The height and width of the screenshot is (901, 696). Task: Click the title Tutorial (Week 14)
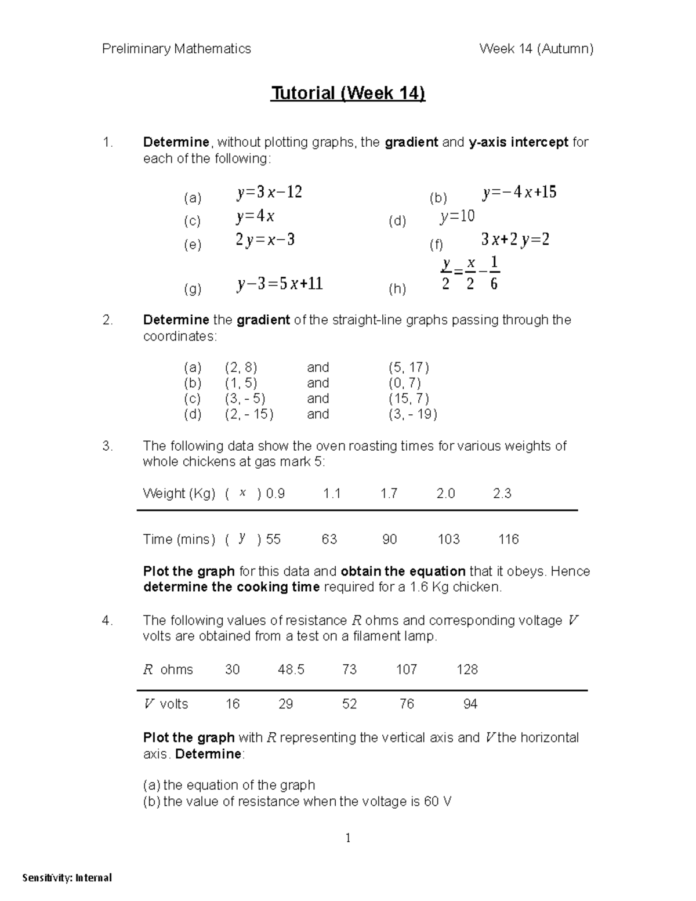(x=347, y=93)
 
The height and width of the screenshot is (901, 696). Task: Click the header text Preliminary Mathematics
(x=176, y=49)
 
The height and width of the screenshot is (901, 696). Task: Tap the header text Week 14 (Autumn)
(x=536, y=49)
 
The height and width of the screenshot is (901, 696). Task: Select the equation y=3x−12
(x=269, y=192)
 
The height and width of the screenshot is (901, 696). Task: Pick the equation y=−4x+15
(x=519, y=192)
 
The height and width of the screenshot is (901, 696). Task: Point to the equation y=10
(x=457, y=217)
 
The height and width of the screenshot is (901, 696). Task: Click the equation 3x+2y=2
(x=515, y=240)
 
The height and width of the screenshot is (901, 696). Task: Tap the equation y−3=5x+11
(x=280, y=284)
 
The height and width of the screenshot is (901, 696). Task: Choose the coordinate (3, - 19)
(x=412, y=414)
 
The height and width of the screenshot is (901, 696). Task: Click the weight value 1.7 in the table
(x=389, y=494)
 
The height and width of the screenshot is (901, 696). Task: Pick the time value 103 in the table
(x=448, y=540)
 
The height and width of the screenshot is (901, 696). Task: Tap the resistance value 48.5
(x=291, y=670)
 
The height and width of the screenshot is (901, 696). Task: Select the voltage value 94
(x=470, y=704)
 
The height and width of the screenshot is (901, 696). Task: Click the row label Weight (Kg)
(x=179, y=494)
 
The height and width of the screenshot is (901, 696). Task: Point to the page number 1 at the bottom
(x=348, y=838)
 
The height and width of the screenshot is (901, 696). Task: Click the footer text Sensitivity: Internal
(x=67, y=878)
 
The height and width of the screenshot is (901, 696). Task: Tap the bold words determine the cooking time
(x=231, y=587)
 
